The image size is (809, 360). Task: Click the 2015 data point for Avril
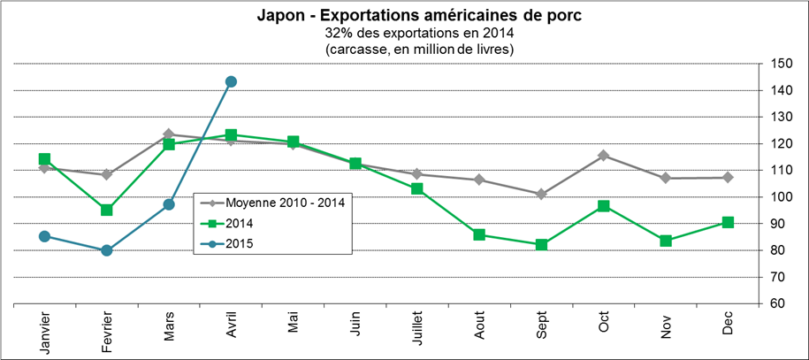(x=231, y=81)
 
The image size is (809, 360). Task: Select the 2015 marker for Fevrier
(x=106, y=250)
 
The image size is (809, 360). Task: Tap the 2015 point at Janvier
(x=44, y=236)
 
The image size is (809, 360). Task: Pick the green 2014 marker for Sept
(x=541, y=244)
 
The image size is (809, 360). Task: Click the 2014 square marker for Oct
(x=604, y=206)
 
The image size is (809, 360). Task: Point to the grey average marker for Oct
(x=604, y=156)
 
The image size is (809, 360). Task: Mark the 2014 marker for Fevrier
(x=106, y=210)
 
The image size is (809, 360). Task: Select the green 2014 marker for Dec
(x=728, y=222)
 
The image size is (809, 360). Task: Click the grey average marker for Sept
(x=541, y=194)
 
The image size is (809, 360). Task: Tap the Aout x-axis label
(x=479, y=326)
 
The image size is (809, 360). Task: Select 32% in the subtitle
(x=340, y=33)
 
